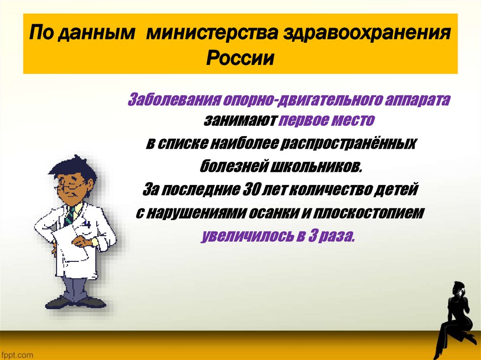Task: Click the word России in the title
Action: click(x=240, y=59)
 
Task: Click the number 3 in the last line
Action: click(x=312, y=236)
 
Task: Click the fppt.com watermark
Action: click(x=17, y=352)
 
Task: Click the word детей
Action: click(x=395, y=190)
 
